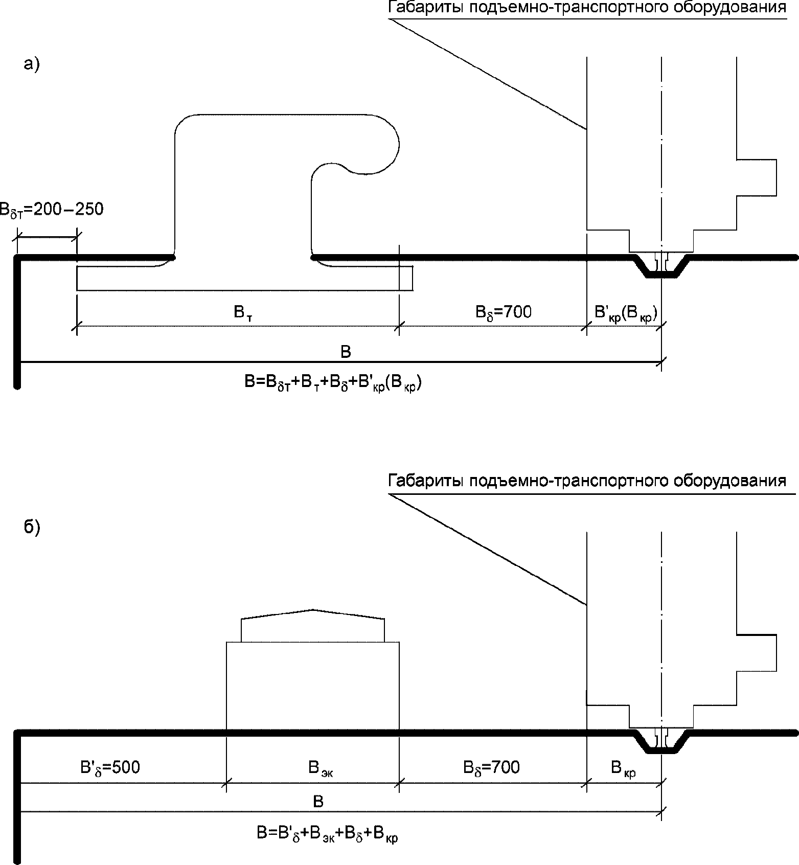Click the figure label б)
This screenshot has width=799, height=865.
[x=32, y=528]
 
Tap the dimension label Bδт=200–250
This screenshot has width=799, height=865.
[x=51, y=210]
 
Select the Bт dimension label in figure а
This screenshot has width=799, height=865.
[x=243, y=312]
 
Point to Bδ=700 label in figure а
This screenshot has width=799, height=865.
[x=504, y=312]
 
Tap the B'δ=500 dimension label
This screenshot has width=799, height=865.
[x=110, y=768]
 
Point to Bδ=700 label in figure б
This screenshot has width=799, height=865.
[x=491, y=768]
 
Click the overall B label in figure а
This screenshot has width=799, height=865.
[x=346, y=352]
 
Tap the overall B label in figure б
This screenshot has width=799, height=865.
[x=318, y=802]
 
